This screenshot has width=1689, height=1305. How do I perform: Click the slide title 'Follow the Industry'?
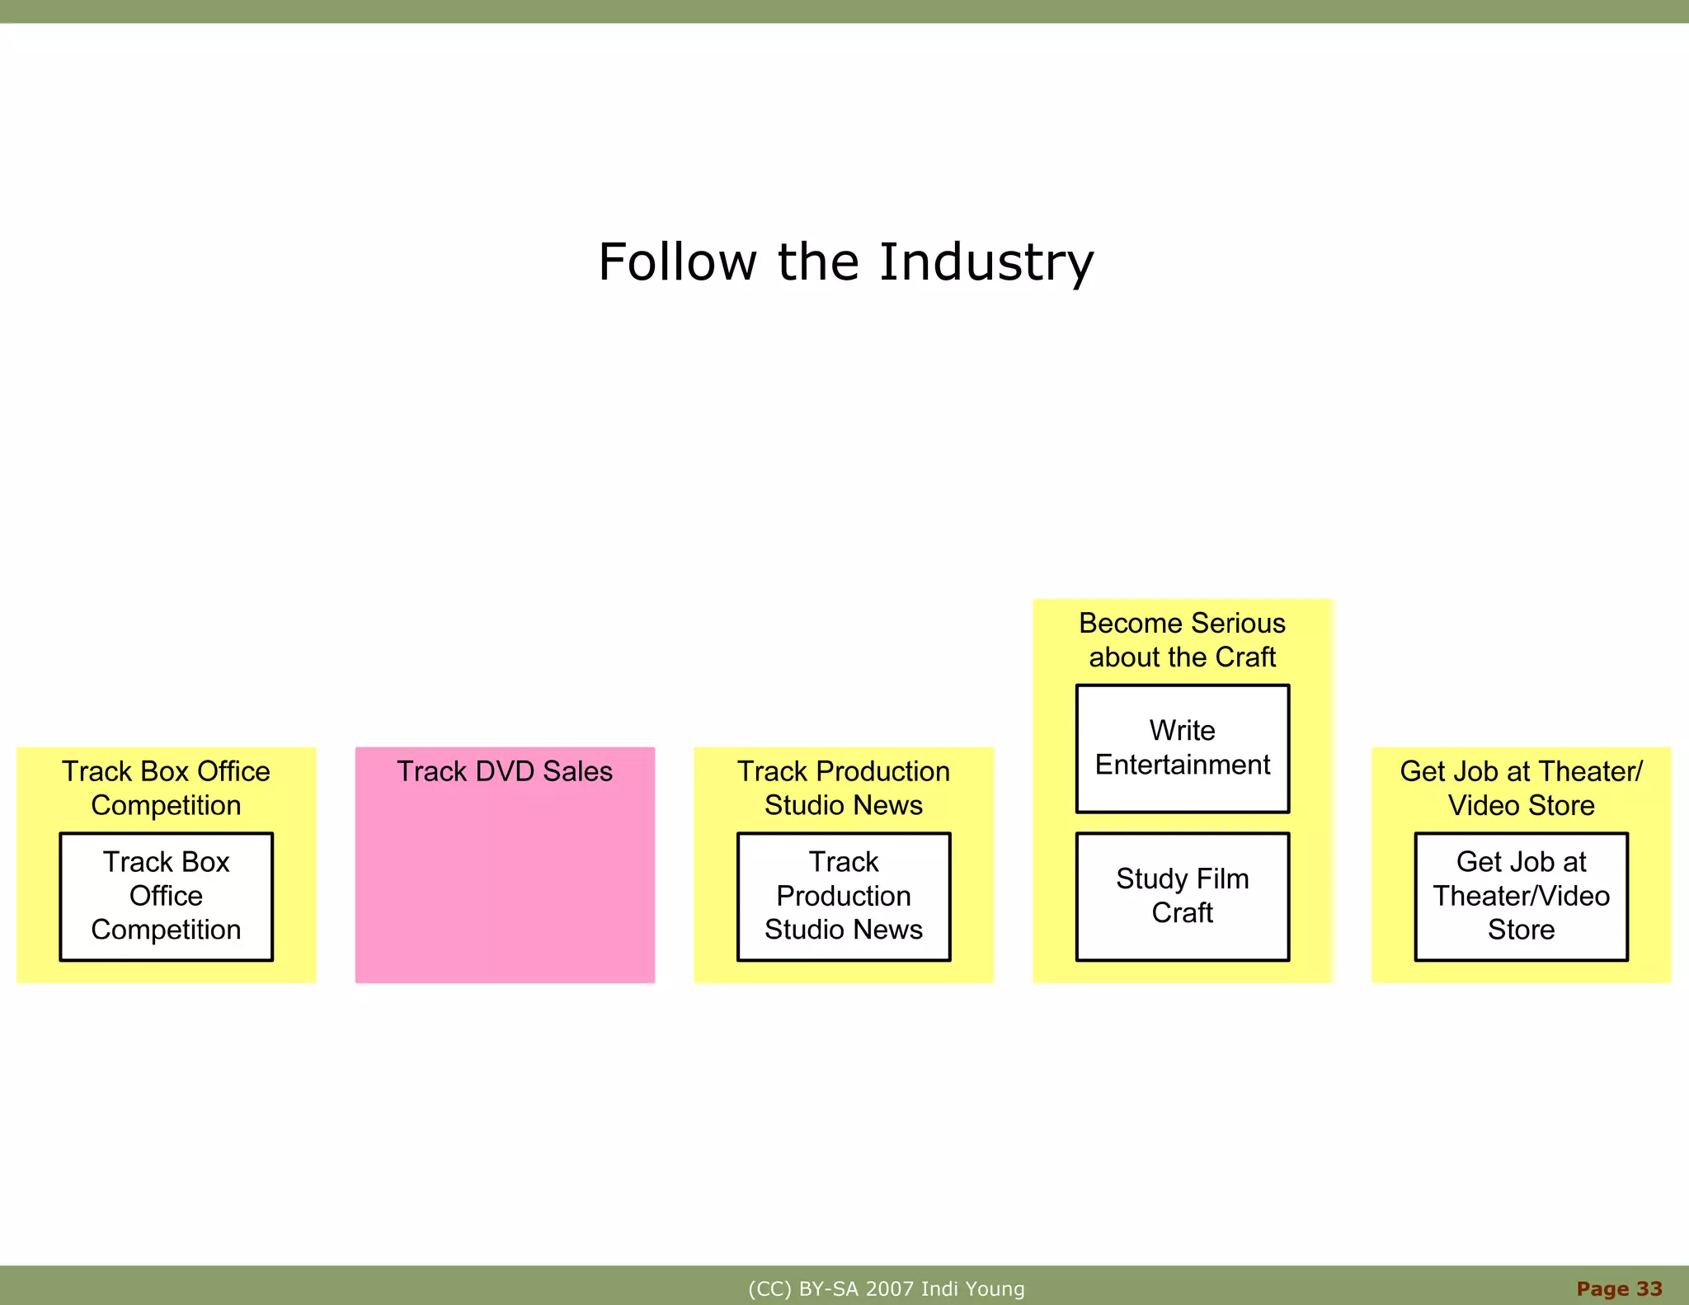[845, 262]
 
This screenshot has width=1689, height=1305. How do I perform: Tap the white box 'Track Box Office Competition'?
[166, 897]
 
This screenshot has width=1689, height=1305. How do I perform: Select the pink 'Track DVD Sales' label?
[505, 771]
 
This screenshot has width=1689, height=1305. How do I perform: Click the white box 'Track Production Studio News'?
[844, 897]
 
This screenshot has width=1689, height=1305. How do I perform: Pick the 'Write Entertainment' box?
[1182, 748]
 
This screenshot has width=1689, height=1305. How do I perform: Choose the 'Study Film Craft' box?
[1182, 897]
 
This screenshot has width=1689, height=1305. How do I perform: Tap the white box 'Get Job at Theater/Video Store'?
[1521, 897]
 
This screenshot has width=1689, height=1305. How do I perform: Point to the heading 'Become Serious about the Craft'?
[1182, 640]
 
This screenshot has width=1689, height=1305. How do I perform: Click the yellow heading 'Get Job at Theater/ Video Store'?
[1521, 789]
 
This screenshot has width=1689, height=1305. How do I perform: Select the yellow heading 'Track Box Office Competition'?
[166, 789]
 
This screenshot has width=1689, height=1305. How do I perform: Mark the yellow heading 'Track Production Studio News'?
[844, 789]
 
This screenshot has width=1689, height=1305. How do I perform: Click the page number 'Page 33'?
[1619, 1289]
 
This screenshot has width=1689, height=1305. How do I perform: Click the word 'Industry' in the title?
[986, 262]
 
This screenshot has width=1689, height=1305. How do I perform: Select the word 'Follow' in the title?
[677, 262]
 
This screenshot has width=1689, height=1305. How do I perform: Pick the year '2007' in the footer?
[889, 1289]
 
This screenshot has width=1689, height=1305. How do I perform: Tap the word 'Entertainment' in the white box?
[1182, 766]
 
